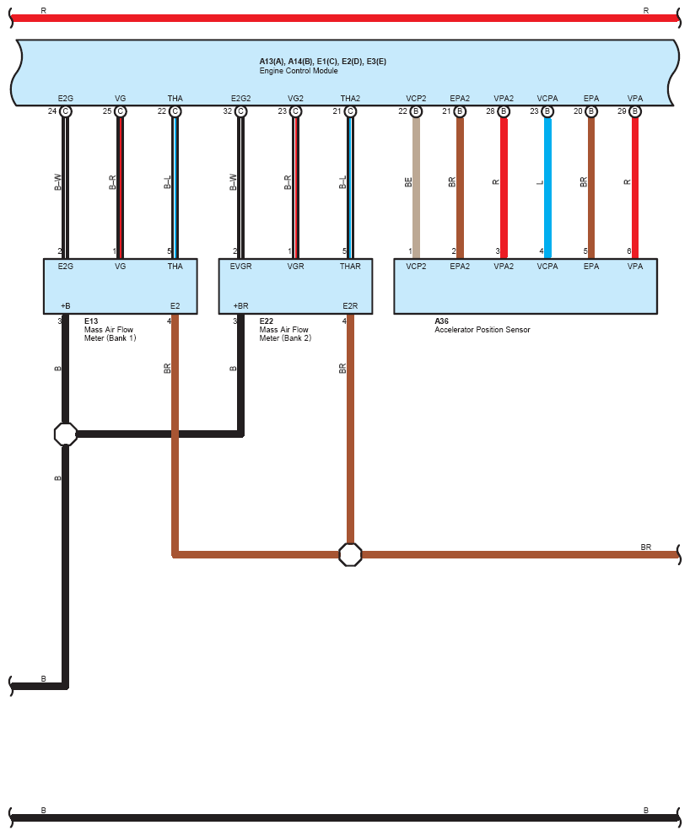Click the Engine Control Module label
pos(298,71)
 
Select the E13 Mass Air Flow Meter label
pos(110,330)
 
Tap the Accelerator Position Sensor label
pos(482,330)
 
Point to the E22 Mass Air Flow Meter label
pos(284,330)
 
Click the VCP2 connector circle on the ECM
pos(416,111)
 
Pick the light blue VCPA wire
pos(547,186)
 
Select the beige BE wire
pos(416,186)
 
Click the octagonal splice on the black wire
pos(66,434)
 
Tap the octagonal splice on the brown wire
pos(350,554)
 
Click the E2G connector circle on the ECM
pos(66,111)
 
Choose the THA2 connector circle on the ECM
pos(350,111)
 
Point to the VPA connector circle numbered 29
pos(635,111)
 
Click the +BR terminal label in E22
pos(240,305)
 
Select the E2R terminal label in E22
pos(350,305)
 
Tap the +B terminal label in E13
pos(65,305)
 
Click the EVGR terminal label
pos(240,267)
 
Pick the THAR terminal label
pos(350,267)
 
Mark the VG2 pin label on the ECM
pos(295,99)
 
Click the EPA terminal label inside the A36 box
pos(591,267)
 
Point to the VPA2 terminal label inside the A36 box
pos(504,267)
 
